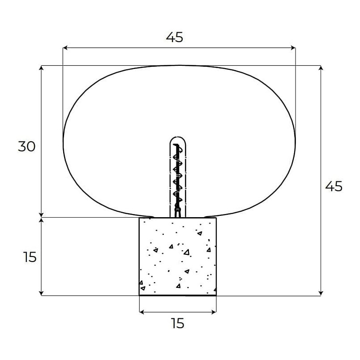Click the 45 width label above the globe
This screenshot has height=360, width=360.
(x=175, y=38)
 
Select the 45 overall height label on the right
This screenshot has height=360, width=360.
(x=334, y=186)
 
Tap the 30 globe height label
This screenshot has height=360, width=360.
(x=26, y=146)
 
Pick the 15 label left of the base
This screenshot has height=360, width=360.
(x=30, y=257)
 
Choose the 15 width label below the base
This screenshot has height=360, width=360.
(x=177, y=323)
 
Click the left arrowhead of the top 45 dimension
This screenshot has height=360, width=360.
(x=65, y=48)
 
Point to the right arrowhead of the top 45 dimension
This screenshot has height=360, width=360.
(x=293, y=48)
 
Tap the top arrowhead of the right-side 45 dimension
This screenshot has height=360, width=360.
(x=321, y=68)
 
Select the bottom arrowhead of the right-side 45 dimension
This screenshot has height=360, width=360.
(x=321, y=293)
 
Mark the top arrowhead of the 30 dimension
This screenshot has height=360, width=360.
(x=41, y=68)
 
